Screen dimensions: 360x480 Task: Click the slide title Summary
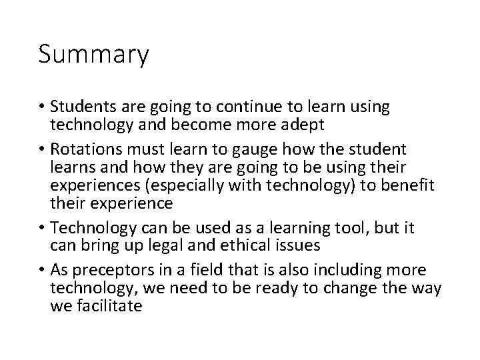coord(93,55)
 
